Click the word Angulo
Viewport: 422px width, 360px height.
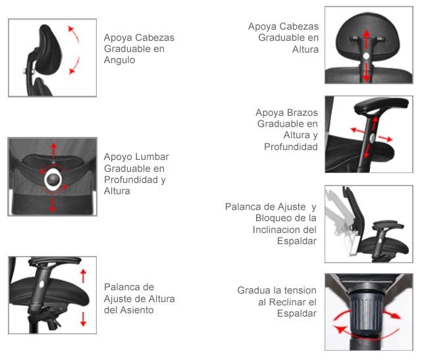pyautogui.click(x=120, y=61)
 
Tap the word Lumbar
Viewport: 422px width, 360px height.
pyautogui.click(x=152, y=157)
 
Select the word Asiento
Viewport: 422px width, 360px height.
pyautogui.click(x=137, y=310)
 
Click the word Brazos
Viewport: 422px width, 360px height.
pyautogui.click(x=302, y=113)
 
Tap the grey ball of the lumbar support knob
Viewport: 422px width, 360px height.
pyautogui.click(x=53, y=178)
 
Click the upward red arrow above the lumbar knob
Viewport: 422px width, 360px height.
pyautogui.click(x=53, y=150)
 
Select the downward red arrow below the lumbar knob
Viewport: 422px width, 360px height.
pyautogui.click(x=53, y=205)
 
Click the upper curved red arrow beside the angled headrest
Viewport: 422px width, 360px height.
pyautogui.click(x=74, y=34)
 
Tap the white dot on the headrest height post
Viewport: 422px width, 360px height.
pyautogui.click(x=366, y=56)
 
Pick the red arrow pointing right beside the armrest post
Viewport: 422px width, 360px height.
pyautogui.click(x=385, y=139)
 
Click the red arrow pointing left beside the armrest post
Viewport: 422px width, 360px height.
pyautogui.click(x=357, y=130)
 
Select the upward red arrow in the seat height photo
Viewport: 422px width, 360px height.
pyautogui.click(x=84, y=276)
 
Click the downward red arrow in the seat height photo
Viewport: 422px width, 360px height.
pyautogui.click(x=83, y=319)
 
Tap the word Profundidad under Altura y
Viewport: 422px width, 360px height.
pyautogui.click(x=291, y=147)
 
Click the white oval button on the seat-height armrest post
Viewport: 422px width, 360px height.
pyautogui.click(x=41, y=284)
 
